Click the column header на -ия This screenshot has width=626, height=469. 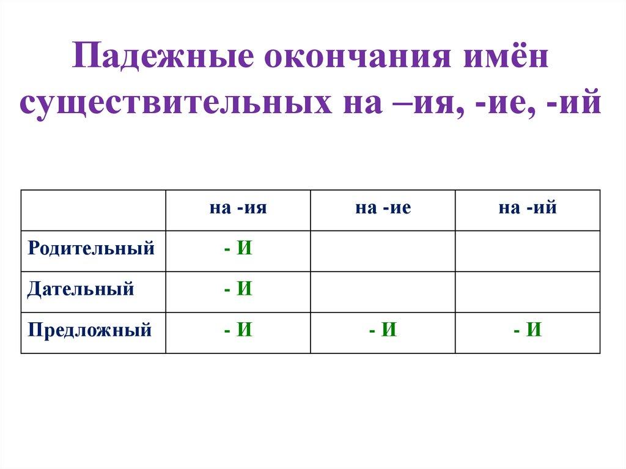[238, 209]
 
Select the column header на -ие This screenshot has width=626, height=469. [383, 209]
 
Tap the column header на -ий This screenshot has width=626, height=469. [528, 209]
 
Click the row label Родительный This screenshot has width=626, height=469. [90, 249]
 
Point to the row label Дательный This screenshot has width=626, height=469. [81, 289]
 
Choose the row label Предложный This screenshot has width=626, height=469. [89, 331]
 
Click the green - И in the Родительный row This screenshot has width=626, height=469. [238, 249]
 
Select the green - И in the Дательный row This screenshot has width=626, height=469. [238, 289]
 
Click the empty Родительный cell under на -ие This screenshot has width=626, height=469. [383, 251]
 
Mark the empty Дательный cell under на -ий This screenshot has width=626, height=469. [528, 292]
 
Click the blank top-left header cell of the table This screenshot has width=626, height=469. [93, 210]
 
